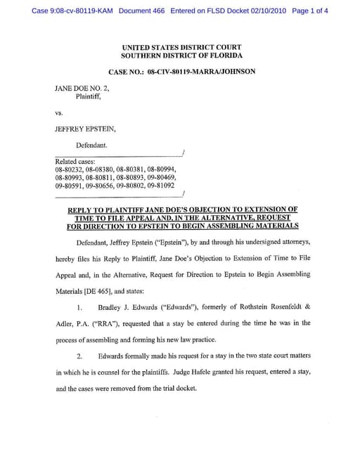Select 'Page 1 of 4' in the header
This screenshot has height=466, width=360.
[x=309, y=11]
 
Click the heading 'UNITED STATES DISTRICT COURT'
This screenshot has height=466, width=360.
[x=181, y=47]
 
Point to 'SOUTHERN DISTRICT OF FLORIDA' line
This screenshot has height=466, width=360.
[x=181, y=55]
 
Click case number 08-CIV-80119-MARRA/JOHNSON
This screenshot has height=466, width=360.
[x=201, y=71]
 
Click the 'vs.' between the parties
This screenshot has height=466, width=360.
[x=59, y=113]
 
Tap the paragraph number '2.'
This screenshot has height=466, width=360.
[x=81, y=356]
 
